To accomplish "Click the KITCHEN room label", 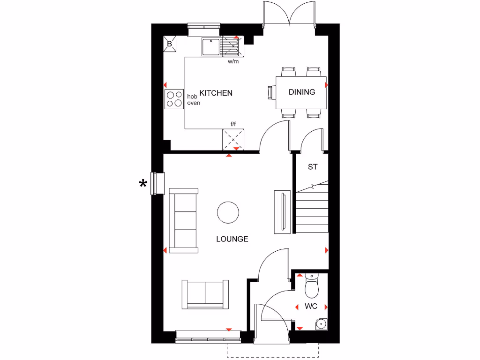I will (216, 93).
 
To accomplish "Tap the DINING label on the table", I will (301, 92).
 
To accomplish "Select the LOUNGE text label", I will (232, 239).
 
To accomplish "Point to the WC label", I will (311, 307).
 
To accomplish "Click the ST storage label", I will (313, 167).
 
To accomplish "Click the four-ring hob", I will (174, 98).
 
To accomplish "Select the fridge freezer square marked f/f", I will (233, 139).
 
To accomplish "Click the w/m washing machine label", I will (233, 61).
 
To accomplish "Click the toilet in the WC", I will (312, 287).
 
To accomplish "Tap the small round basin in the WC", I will (321, 323).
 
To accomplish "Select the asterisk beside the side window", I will (143, 184).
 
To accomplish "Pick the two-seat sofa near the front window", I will (205, 294).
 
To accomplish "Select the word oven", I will (193, 103).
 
